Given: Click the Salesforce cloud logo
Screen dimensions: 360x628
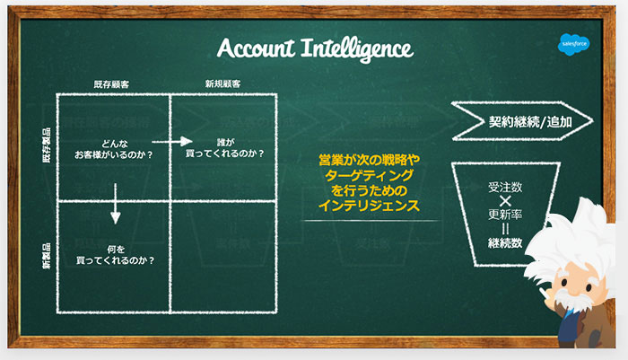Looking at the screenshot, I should tap(572, 42).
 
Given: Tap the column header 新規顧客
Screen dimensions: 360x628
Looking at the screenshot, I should tap(222, 83).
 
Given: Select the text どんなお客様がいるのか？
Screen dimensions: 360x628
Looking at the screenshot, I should tap(113, 148).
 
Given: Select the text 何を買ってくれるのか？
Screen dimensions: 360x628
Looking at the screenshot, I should tap(115, 255).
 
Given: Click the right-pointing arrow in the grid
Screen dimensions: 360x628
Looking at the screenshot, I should tap(171, 141).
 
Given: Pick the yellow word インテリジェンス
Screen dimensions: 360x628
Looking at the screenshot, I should tap(369, 206).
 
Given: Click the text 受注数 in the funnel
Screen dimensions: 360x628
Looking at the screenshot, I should tap(505, 188).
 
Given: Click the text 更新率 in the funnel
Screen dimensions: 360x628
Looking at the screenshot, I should tap(505, 215).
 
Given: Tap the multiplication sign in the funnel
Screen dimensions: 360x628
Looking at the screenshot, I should tap(505, 201).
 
